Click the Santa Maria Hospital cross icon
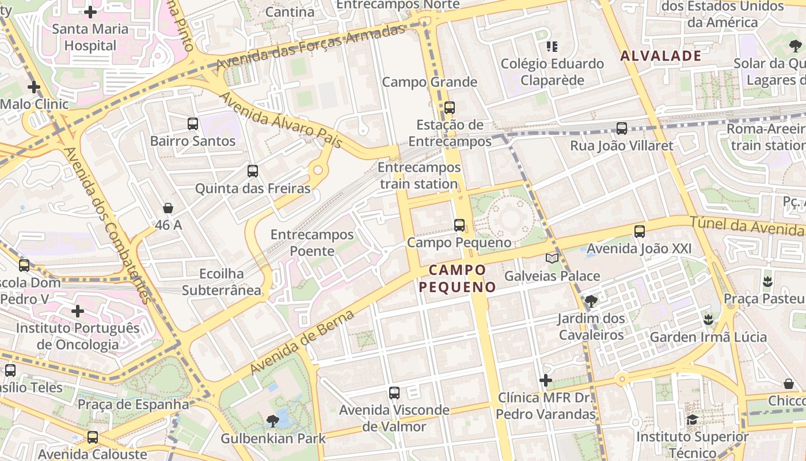(x=90, y=12)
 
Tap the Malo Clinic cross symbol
(x=34, y=88)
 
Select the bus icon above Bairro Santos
(x=193, y=123)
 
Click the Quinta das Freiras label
(x=252, y=188)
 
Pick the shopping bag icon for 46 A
(x=168, y=207)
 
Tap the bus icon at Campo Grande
(x=450, y=107)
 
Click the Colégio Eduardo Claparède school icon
(x=552, y=46)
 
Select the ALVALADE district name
(x=661, y=56)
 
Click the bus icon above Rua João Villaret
(x=622, y=128)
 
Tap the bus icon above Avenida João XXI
(x=640, y=232)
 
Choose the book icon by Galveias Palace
(x=552, y=259)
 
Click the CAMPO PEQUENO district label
(x=458, y=278)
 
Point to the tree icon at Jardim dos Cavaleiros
(x=591, y=301)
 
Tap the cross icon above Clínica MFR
(x=546, y=380)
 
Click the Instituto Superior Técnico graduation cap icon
(x=692, y=420)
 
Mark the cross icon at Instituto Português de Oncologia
(x=78, y=311)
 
